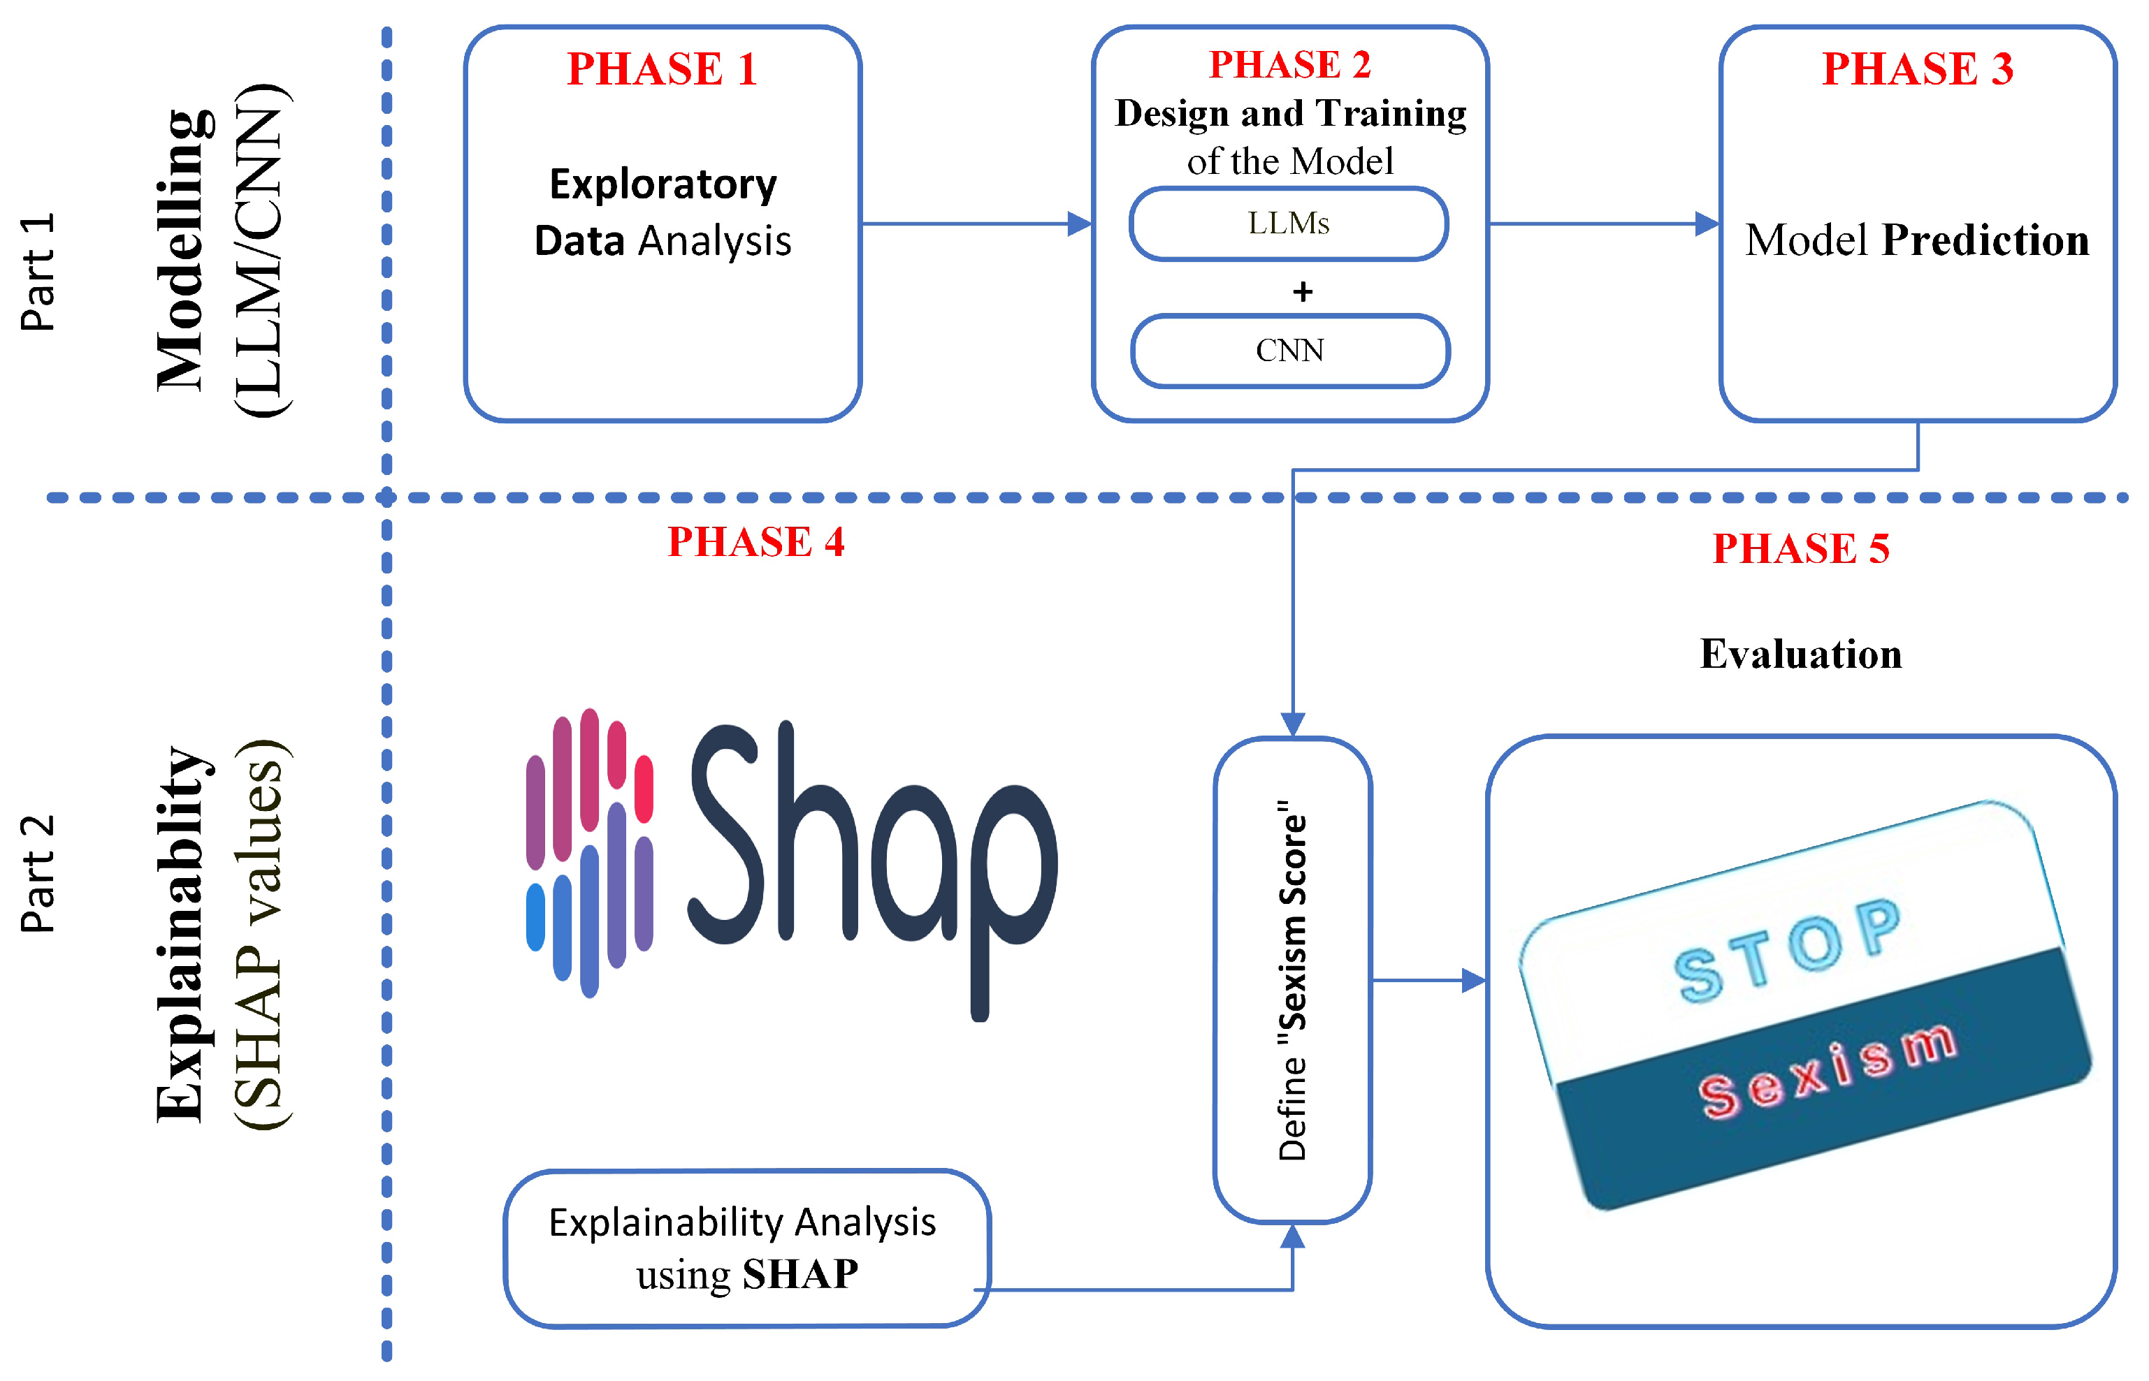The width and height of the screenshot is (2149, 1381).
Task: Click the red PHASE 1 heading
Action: pos(662,69)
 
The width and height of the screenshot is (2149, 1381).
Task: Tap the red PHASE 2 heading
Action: pos(1290,64)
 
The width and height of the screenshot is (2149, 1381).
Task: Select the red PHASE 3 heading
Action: pos(1918,69)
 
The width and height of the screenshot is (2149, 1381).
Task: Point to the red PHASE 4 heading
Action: pos(755,541)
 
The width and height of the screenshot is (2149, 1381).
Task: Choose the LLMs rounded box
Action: pos(1289,224)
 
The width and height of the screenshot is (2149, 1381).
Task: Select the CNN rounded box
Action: pos(1290,351)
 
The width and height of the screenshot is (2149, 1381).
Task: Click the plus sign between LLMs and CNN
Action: pos(1302,291)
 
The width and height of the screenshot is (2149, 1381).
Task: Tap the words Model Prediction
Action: pos(1917,240)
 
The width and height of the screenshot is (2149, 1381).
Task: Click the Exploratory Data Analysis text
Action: pos(663,212)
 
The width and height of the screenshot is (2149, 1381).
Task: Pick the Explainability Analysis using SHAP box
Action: pos(746,1248)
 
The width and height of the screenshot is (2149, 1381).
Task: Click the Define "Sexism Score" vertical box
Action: pos(1292,979)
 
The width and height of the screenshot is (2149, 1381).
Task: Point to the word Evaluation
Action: pos(1801,654)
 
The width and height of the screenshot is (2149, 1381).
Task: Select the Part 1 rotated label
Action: pos(38,272)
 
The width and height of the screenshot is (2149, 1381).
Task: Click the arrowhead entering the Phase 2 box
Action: pos(1079,224)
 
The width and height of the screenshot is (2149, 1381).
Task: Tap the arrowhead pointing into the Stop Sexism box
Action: pos(1473,980)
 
